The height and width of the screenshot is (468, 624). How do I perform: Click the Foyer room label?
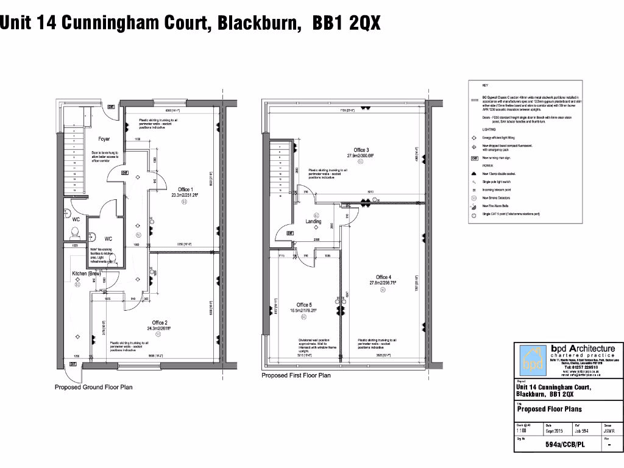pos(104,140)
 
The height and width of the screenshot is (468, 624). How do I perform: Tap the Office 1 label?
pos(185,190)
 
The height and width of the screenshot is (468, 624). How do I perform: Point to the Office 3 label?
pos(360,150)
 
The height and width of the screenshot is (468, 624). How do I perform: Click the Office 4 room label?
pos(383,277)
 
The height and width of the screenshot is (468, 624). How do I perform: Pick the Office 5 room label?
pos(304,305)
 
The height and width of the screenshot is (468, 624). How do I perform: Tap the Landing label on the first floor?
pos(313,221)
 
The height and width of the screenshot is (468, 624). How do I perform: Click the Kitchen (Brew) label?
pos(87,274)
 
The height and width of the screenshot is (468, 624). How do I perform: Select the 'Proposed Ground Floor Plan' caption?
pos(93,387)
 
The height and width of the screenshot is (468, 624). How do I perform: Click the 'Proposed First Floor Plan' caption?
pos(296,375)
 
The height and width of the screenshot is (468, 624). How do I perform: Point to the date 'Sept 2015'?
pos(553,431)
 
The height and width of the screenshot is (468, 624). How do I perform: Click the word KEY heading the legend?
pos(485,85)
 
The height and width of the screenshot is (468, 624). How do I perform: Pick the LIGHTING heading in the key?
pos(489,130)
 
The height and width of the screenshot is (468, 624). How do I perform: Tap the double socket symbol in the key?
pos(473,174)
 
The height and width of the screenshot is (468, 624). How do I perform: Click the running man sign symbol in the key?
pos(473,158)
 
